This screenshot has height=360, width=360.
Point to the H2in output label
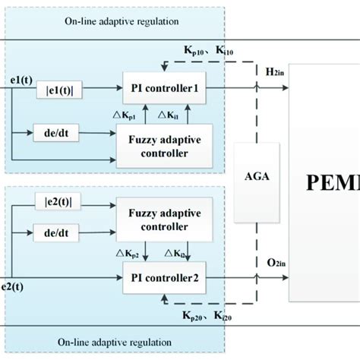[x=271, y=71]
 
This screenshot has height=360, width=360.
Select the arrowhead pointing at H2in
[x=285, y=88]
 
